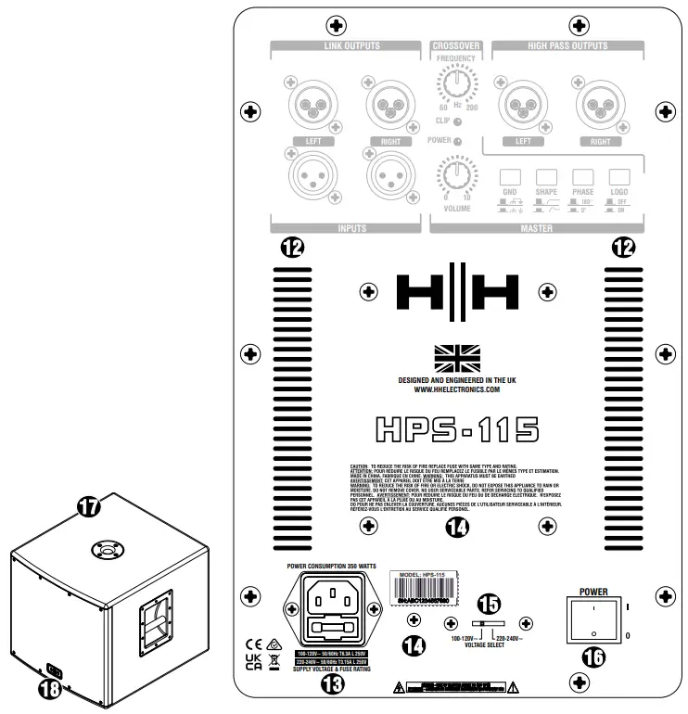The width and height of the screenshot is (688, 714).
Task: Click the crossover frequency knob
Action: pyautogui.click(x=453, y=85)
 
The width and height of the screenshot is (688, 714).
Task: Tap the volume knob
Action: pyautogui.click(x=453, y=172)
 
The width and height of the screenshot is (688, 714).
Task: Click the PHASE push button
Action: pyautogui.click(x=582, y=177)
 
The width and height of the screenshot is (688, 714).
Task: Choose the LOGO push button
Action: pyautogui.click(x=618, y=177)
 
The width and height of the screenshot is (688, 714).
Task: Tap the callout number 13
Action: pyautogui.click(x=331, y=685)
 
